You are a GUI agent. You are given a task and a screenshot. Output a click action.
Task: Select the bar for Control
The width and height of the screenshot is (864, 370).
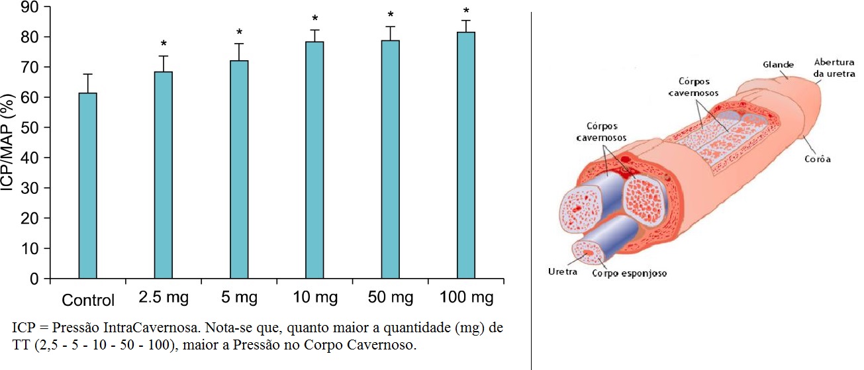click(x=87, y=185)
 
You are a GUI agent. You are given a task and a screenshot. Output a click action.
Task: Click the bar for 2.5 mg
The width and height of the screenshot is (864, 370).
click(x=164, y=175)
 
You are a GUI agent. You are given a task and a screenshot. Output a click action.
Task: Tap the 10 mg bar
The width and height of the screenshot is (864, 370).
click(x=314, y=160)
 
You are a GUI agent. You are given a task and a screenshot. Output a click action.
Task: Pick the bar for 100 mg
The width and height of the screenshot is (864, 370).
click(x=466, y=155)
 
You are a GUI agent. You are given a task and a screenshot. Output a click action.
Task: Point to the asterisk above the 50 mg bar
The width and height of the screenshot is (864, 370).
click(x=391, y=15)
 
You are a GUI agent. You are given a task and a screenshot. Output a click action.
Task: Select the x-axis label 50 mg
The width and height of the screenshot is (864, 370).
click(x=391, y=299)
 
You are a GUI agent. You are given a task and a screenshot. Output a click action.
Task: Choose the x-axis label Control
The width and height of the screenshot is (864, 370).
click(x=88, y=300)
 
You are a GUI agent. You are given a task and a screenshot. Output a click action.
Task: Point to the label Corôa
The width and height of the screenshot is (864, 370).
click(x=818, y=159)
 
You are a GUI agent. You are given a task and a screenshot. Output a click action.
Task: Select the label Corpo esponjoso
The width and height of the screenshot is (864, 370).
click(x=629, y=273)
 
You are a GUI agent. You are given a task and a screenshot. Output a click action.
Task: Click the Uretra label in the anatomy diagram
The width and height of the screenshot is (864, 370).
click(x=563, y=271)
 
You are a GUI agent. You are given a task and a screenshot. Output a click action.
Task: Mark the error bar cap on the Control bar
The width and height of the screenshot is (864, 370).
click(x=87, y=74)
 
